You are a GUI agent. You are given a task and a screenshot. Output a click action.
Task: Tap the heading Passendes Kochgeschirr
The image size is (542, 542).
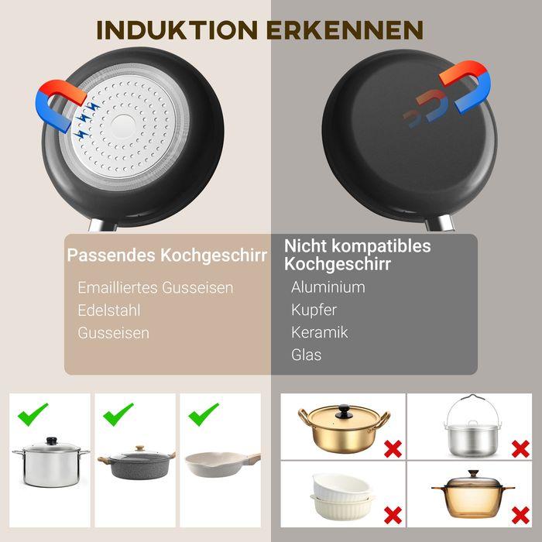point(167,255)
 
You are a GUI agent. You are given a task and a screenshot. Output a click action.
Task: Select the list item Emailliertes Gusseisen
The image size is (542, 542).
point(155,287)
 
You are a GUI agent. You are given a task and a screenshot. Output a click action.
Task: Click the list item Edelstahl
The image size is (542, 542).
point(109,310)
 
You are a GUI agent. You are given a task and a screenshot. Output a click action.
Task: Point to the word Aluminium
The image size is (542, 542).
point(328,287)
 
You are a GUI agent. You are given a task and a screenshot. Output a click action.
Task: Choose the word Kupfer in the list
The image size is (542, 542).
point(314,310)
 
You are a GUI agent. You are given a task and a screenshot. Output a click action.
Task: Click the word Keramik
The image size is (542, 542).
point(319,332)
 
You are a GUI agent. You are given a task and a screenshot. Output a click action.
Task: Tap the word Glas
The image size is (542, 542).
point(306,355)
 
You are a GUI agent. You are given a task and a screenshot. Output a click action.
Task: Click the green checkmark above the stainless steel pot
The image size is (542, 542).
point(33,414)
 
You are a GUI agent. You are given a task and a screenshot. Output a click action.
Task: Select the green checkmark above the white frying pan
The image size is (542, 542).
point(204,414)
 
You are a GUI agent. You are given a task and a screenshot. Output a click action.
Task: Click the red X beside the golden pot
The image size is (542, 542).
point(393,448)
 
